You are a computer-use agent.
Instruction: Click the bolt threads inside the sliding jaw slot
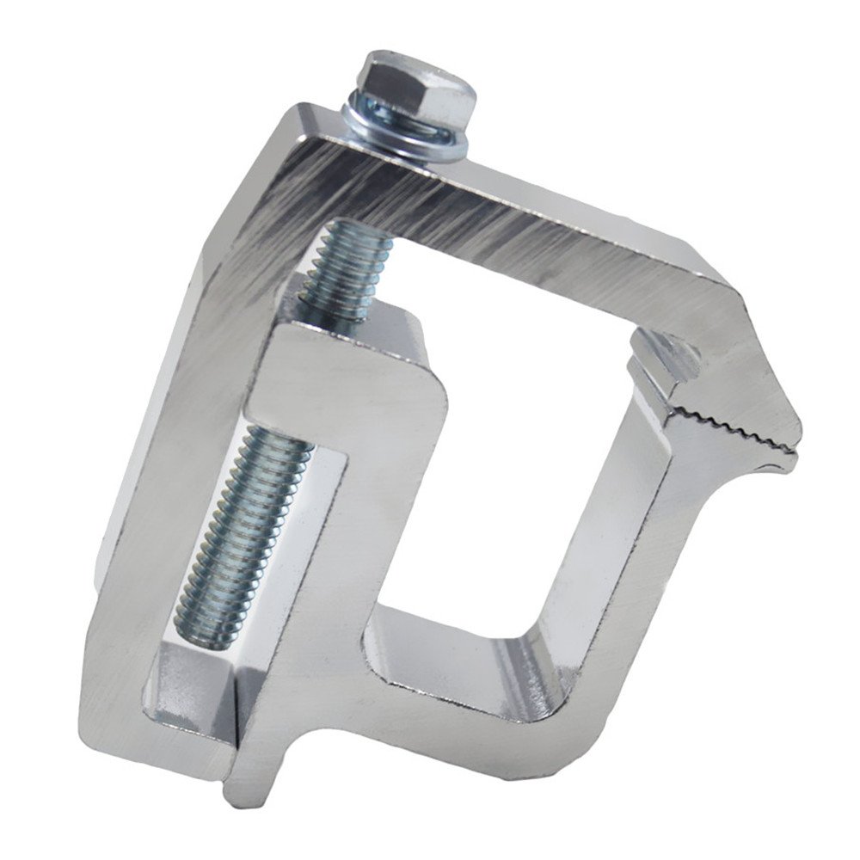[241, 516]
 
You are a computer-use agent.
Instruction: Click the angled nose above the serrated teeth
[757, 378]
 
